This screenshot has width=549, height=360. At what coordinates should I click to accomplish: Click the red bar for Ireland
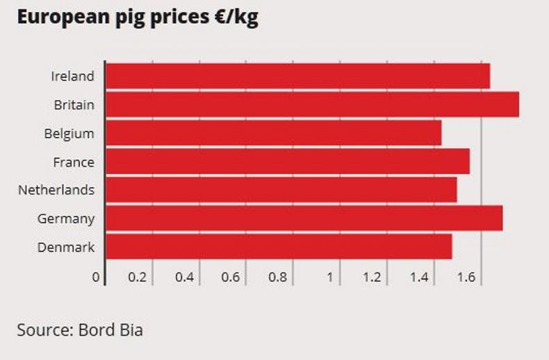point(297,76)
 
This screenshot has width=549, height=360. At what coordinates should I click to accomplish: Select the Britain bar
point(312,105)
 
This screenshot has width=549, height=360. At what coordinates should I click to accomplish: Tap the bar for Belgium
point(273,133)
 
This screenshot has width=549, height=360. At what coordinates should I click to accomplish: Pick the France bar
point(287,162)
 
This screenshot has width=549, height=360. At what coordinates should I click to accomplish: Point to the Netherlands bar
point(281,190)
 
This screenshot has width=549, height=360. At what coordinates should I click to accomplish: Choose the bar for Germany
point(304,218)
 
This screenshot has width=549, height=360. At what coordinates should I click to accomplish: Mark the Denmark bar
point(278,247)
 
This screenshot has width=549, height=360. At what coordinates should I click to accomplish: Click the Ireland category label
point(72,76)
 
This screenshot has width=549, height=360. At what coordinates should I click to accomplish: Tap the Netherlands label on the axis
point(56,190)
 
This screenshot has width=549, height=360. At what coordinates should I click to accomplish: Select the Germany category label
point(66,218)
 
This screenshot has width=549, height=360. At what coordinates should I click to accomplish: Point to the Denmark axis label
point(66,247)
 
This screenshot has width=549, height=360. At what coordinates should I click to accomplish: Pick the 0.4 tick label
point(184,277)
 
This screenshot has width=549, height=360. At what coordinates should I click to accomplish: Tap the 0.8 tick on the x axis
point(277,277)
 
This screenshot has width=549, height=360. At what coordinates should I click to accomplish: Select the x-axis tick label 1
point(329,277)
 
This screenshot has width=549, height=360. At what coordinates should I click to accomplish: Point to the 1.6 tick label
point(466,277)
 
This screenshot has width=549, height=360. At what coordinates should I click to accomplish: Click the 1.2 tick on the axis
point(372,277)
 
